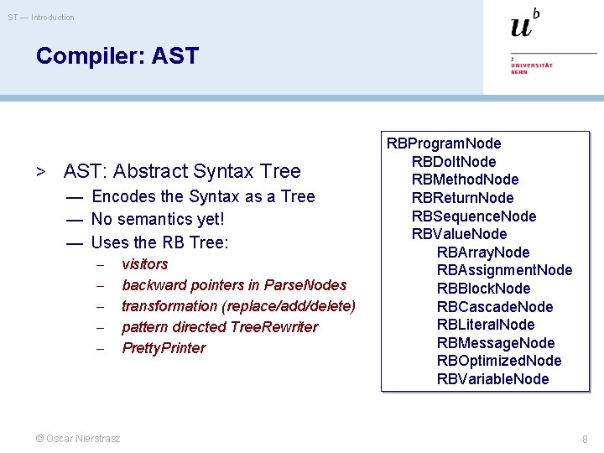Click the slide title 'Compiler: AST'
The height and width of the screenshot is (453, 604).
coord(117,56)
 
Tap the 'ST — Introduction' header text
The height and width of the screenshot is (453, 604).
coord(41,18)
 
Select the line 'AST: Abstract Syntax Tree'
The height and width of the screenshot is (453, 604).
coord(181,171)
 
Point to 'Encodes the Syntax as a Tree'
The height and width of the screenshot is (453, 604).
coord(202,196)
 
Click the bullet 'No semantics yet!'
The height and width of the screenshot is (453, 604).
coord(158,220)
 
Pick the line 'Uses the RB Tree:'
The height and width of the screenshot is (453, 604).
coord(159,243)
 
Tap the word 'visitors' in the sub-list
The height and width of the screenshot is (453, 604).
coord(144,264)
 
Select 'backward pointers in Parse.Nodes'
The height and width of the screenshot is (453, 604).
coord(233,285)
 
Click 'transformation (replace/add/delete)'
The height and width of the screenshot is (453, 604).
coord(238,306)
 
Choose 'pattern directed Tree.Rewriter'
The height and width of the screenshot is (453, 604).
coord(220,327)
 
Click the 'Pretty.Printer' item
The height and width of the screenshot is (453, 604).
coord(163,348)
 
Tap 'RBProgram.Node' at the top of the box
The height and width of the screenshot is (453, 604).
coord(443,143)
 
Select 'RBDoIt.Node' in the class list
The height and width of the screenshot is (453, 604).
coord(453,162)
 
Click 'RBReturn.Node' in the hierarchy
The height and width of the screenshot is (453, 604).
coord(462,198)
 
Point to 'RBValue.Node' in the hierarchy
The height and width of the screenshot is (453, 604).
coord(459,234)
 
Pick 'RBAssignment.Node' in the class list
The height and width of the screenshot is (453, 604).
coord(504,270)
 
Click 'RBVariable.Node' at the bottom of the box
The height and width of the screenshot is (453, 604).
coord(492,379)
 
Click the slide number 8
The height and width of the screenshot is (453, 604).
coord(586,439)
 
